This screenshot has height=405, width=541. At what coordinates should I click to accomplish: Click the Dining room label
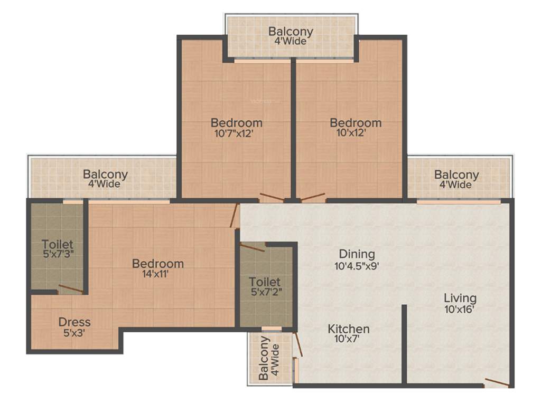pos(357,254)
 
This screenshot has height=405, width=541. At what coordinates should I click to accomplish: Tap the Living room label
pos(460,298)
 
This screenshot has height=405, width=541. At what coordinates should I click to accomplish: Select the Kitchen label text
pos(349,330)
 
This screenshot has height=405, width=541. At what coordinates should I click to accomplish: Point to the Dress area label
pos(74,322)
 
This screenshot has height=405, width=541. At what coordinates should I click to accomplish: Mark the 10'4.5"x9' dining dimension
pos(357,266)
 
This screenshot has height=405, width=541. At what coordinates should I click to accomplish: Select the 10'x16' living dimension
pos(460,310)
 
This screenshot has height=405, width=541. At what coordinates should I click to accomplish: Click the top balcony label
pos(291,32)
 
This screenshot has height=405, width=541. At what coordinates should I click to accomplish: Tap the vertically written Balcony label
pos(264,359)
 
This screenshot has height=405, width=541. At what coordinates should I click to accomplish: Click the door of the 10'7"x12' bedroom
pos(272,198)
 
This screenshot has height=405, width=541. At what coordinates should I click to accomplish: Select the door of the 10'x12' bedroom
pos(313,198)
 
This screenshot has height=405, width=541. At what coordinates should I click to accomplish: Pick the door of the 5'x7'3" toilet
pos(71,288)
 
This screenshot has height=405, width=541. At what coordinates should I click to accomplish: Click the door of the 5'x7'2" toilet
pos(252,247)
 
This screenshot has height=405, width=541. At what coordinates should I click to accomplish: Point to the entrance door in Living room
pos(497,382)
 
